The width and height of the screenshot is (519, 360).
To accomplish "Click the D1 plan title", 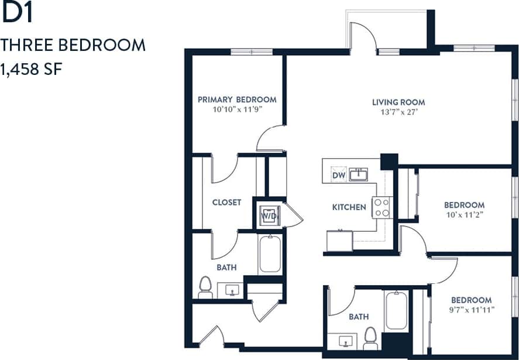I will pyautogui.click(x=17, y=15).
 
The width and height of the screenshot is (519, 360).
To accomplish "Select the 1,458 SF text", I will pyautogui.click(x=32, y=70).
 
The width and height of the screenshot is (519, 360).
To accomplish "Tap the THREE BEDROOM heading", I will pyautogui.click(x=73, y=45).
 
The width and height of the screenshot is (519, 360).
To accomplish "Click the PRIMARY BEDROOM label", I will pyautogui.click(x=237, y=100).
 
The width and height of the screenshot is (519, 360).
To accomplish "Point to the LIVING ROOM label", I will pyautogui.click(x=398, y=102).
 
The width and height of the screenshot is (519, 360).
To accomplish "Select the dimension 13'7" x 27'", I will pyautogui.click(x=398, y=111).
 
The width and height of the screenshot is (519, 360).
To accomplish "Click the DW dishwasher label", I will pyautogui.click(x=338, y=175).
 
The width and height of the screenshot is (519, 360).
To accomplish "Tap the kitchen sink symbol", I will pyautogui.click(x=358, y=174).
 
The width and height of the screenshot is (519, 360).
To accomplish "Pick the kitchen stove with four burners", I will pyautogui.click(x=381, y=207).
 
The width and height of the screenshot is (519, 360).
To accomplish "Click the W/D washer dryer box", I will pyautogui.click(x=269, y=215).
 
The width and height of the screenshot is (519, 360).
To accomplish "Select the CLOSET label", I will pyautogui.click(x=226, y=203).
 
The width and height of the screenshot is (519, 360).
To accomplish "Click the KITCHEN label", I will pyautogui.click(x=349, y=207).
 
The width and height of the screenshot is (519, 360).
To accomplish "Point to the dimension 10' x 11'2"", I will pyautogui.click(x=464, y=214).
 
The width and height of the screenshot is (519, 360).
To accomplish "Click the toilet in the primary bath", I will pyautogui.click(x=205, y=286).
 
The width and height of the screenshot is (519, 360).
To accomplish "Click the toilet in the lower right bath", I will pyautogui.click(x=370, y=337).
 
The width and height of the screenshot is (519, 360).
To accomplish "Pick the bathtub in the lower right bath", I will pyautogui.click(x=396, y=311).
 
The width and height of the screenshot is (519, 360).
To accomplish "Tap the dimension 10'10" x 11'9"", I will pyautogui.click(x=237, y=109).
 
